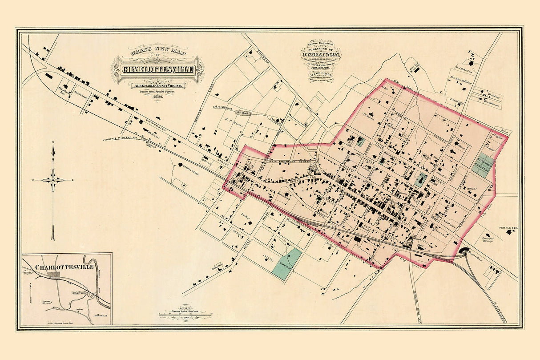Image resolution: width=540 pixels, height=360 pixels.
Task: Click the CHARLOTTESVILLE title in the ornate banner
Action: pyautogui.click(x=158, y=69)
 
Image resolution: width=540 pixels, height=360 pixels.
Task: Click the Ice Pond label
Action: pyautogui.click(x=243, y=113)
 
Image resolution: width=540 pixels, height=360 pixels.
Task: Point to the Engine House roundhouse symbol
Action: pyautogui.click(x=466, y=251)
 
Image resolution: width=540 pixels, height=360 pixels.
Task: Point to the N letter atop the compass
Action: pyautogui.click(x=53, y=143)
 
